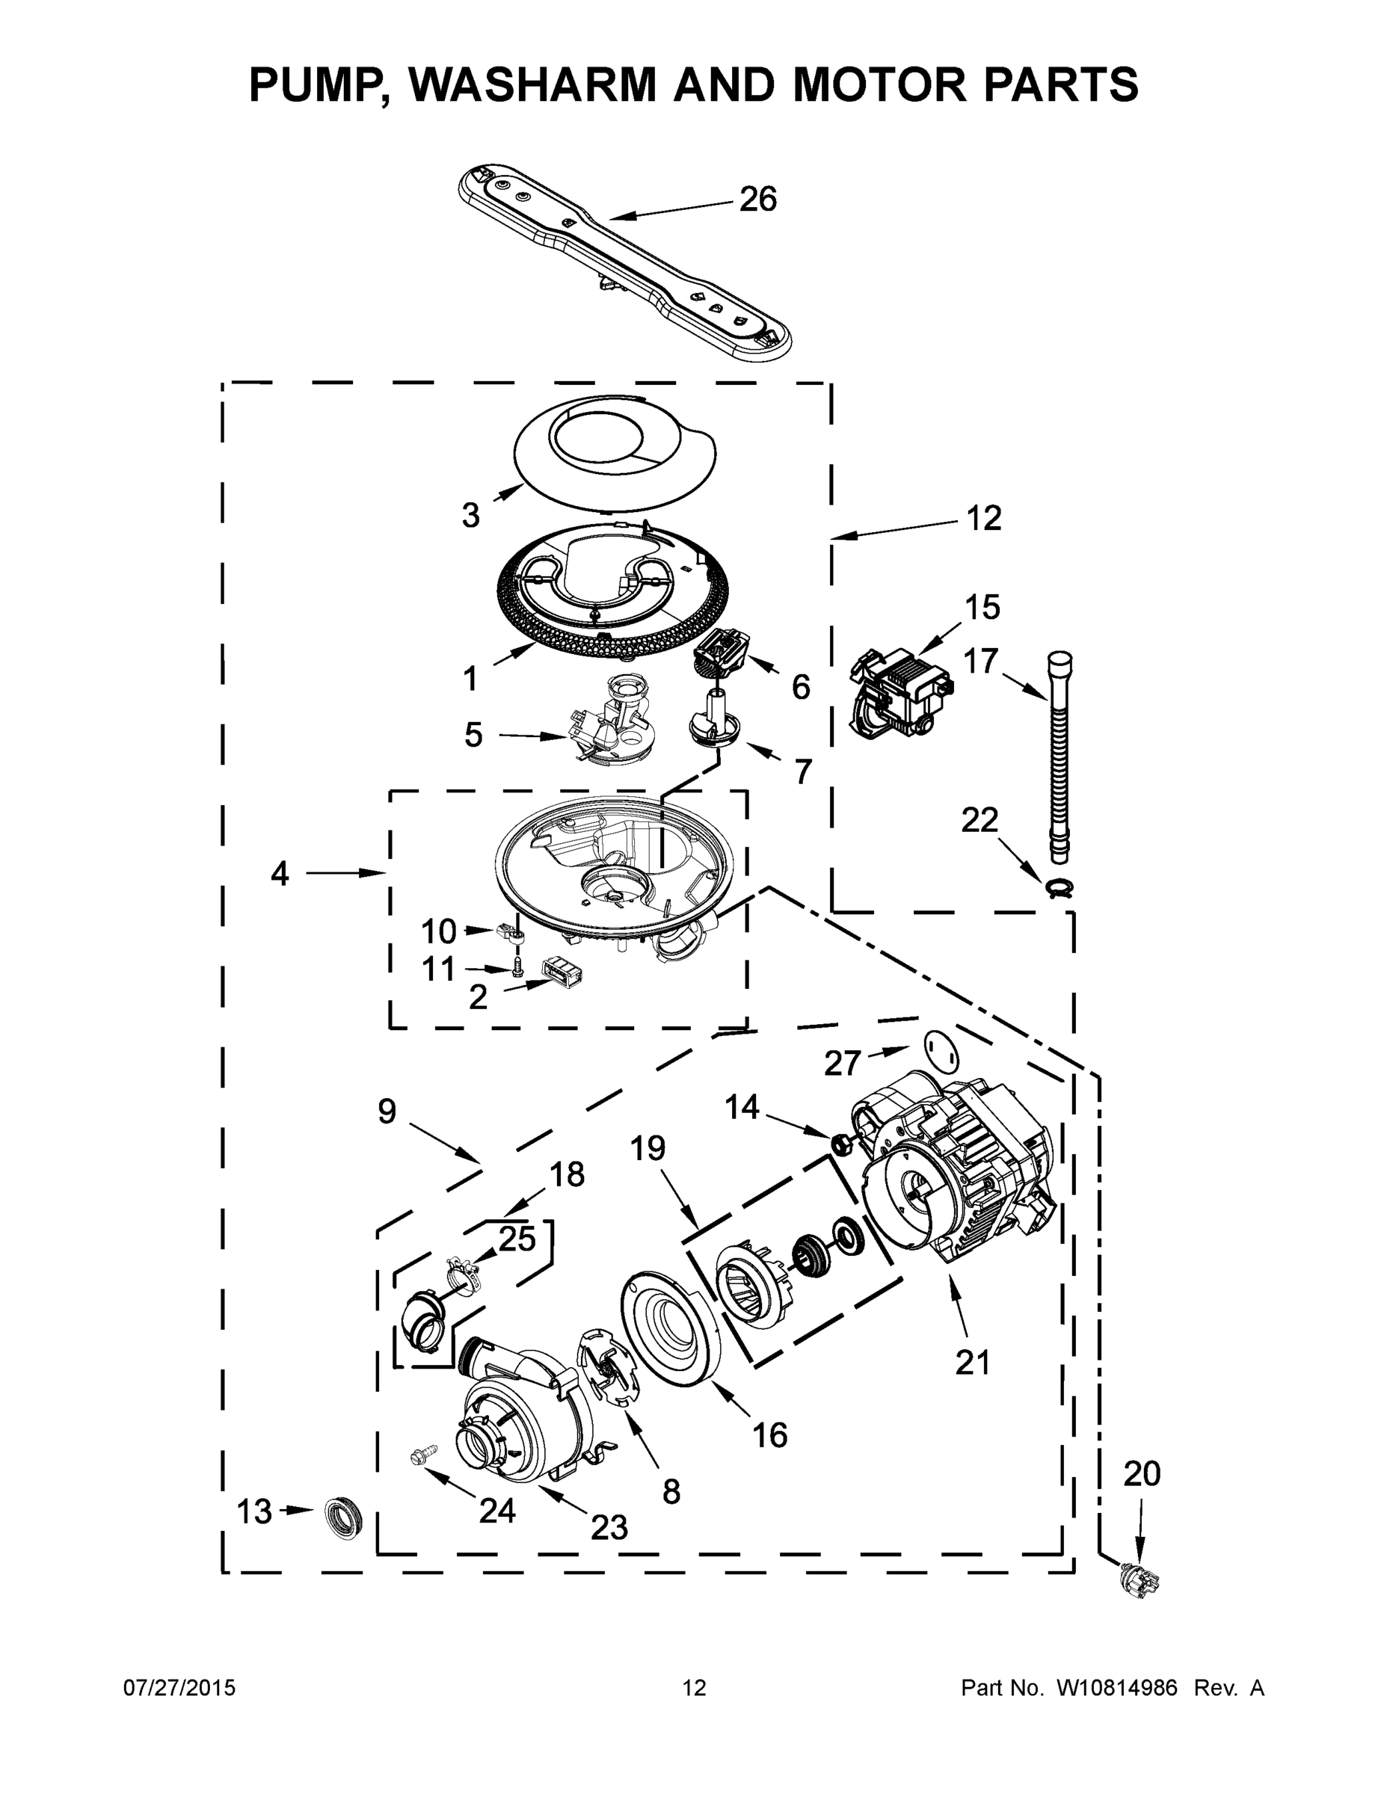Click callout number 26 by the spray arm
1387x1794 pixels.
tap(757, 200)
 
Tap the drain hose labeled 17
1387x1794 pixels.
tap(1058, 756)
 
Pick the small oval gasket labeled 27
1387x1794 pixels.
tap(941, 1050)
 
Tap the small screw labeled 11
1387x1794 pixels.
tap(517, 970)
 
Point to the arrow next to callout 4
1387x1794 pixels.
tap(345, 873)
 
